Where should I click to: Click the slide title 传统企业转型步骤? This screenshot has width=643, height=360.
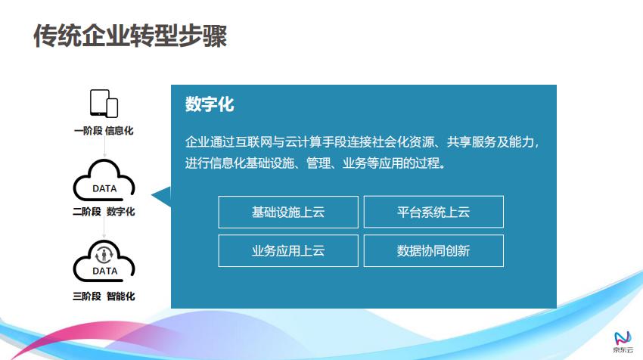(x=130, y=36)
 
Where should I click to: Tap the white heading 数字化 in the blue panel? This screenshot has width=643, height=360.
(x=210, y=104)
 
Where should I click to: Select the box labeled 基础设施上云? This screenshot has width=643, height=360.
(x=288, y=212)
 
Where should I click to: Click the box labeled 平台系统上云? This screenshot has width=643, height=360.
(x=433, y=212)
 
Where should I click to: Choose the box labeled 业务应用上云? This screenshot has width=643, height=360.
(x=288, y=250)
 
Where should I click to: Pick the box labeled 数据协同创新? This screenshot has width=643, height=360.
(x=433, y=250)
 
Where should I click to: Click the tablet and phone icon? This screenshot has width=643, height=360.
(x=104, y=104)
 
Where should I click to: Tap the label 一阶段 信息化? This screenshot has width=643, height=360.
(x=104, y=131)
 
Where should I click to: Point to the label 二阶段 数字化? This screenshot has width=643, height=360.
(x=104, y=212)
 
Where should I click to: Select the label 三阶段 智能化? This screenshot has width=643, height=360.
(x=104, y=296)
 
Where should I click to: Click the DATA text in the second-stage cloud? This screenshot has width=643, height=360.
(x=104, y=188)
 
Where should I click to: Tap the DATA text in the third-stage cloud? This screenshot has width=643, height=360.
(x=105, y=271)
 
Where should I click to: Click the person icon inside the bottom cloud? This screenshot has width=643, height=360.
(x=104, y=255)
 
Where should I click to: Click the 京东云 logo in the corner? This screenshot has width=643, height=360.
(x=623, y=343)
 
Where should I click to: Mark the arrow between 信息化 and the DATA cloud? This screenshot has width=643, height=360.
(x=104, y=147)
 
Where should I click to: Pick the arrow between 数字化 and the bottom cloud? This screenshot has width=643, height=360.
(x=104, y=228)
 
